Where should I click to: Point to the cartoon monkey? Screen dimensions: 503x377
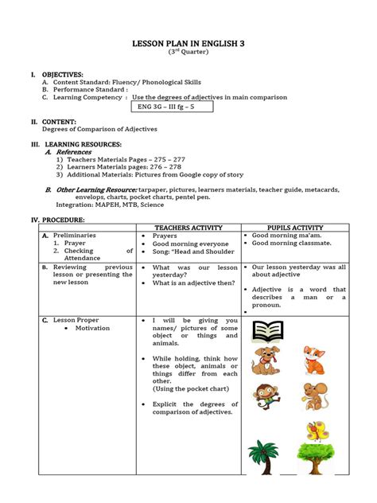pyautogui.click(x=266, y=394)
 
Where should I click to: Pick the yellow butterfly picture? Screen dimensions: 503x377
pyautogui.click(x=316, y=430)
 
